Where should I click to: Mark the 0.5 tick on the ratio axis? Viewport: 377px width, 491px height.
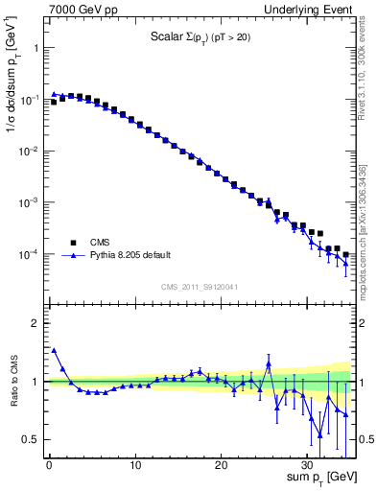(33, 439)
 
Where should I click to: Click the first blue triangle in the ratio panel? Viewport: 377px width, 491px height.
(54, 351)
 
